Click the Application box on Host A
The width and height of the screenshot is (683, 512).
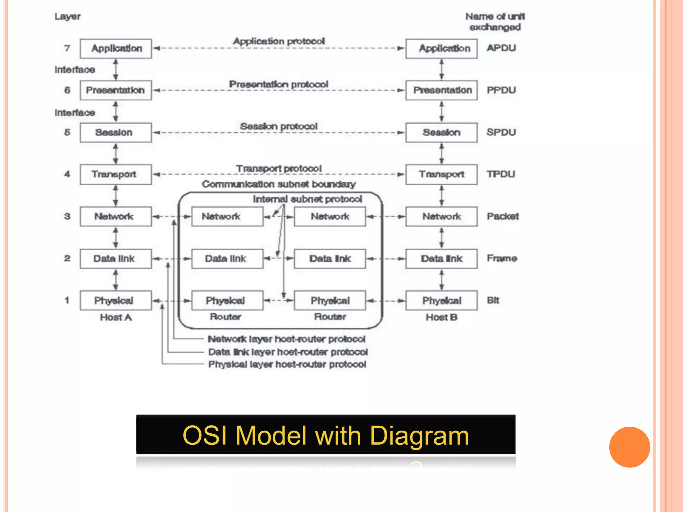[116, 49]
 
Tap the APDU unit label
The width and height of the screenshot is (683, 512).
[501, 48]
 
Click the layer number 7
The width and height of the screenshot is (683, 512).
[67, 48]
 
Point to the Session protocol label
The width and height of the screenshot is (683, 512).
[278, 126]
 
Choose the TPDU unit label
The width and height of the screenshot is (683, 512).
[501, 174]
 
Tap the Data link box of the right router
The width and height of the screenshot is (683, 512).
[329, 259]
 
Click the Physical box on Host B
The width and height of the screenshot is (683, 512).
[442, 301]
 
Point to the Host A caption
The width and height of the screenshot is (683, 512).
[116, 317]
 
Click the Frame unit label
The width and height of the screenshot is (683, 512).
[502, 258]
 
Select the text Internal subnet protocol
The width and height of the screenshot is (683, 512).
[307, 199]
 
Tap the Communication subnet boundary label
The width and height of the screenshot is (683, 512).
[278, 184]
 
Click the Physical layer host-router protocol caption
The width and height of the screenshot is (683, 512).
[287, 364]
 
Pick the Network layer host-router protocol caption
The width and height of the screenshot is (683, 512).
[286, 339]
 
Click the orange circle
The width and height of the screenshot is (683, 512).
[629, 447]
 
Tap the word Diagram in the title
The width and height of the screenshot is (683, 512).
[419, 436]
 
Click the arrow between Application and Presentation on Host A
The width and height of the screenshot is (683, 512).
[116, 69]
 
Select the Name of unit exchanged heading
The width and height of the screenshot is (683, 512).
[495, 22]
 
